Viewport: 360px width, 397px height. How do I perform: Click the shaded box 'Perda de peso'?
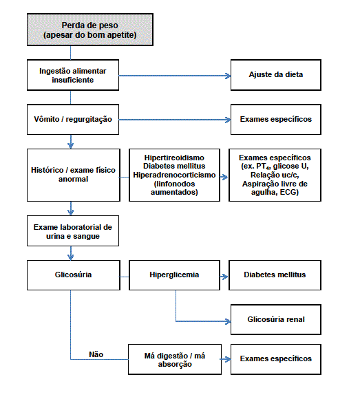coord(90,30)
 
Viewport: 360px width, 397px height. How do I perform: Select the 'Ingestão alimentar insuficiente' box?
coord(73,75)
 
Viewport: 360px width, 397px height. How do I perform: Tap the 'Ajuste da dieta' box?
coord(276,75)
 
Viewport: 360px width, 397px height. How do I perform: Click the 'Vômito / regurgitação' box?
coord(73,119)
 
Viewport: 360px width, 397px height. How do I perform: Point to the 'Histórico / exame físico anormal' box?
coord(74,175)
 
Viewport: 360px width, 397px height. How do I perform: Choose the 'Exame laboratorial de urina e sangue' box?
coord(73,231)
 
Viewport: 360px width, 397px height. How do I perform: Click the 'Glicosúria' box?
coord(74,275)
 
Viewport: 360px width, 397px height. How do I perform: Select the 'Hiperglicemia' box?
coord(174,275)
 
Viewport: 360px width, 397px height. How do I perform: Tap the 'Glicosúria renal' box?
coord(276,319)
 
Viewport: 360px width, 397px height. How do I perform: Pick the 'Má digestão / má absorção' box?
coord(175,359)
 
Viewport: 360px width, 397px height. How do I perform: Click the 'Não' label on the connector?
coord(96,354)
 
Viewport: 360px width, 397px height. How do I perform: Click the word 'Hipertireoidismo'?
coord(174,158)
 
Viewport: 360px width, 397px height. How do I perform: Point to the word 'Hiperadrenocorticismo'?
coord(174,175)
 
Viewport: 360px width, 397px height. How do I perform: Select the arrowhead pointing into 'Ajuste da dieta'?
coord(229,76)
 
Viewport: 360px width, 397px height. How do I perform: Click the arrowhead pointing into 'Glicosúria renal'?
coord(229,321)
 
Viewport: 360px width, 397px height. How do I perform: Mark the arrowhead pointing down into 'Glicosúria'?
coord(71,257)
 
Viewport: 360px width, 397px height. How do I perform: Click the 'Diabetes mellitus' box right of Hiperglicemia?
coord(275,275)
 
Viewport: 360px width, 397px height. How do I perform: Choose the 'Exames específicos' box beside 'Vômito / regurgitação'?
coord(276,119)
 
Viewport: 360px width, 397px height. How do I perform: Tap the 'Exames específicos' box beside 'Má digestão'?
coord(276,359)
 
